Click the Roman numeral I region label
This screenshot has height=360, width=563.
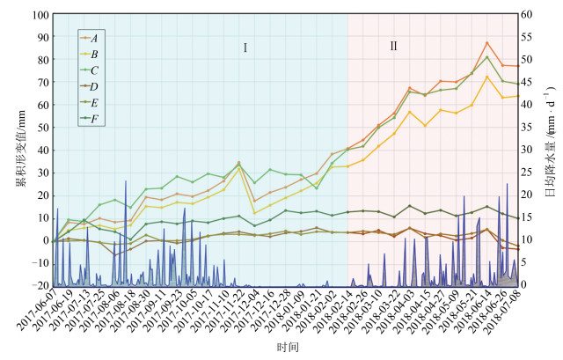(x=245, y=47)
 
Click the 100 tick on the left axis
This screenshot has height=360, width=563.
(x=38, y=15)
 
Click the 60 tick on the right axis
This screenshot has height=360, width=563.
(x=526, y=15)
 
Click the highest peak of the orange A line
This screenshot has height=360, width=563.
(x=487, y=43)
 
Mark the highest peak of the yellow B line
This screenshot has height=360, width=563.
(x=487, y=77)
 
